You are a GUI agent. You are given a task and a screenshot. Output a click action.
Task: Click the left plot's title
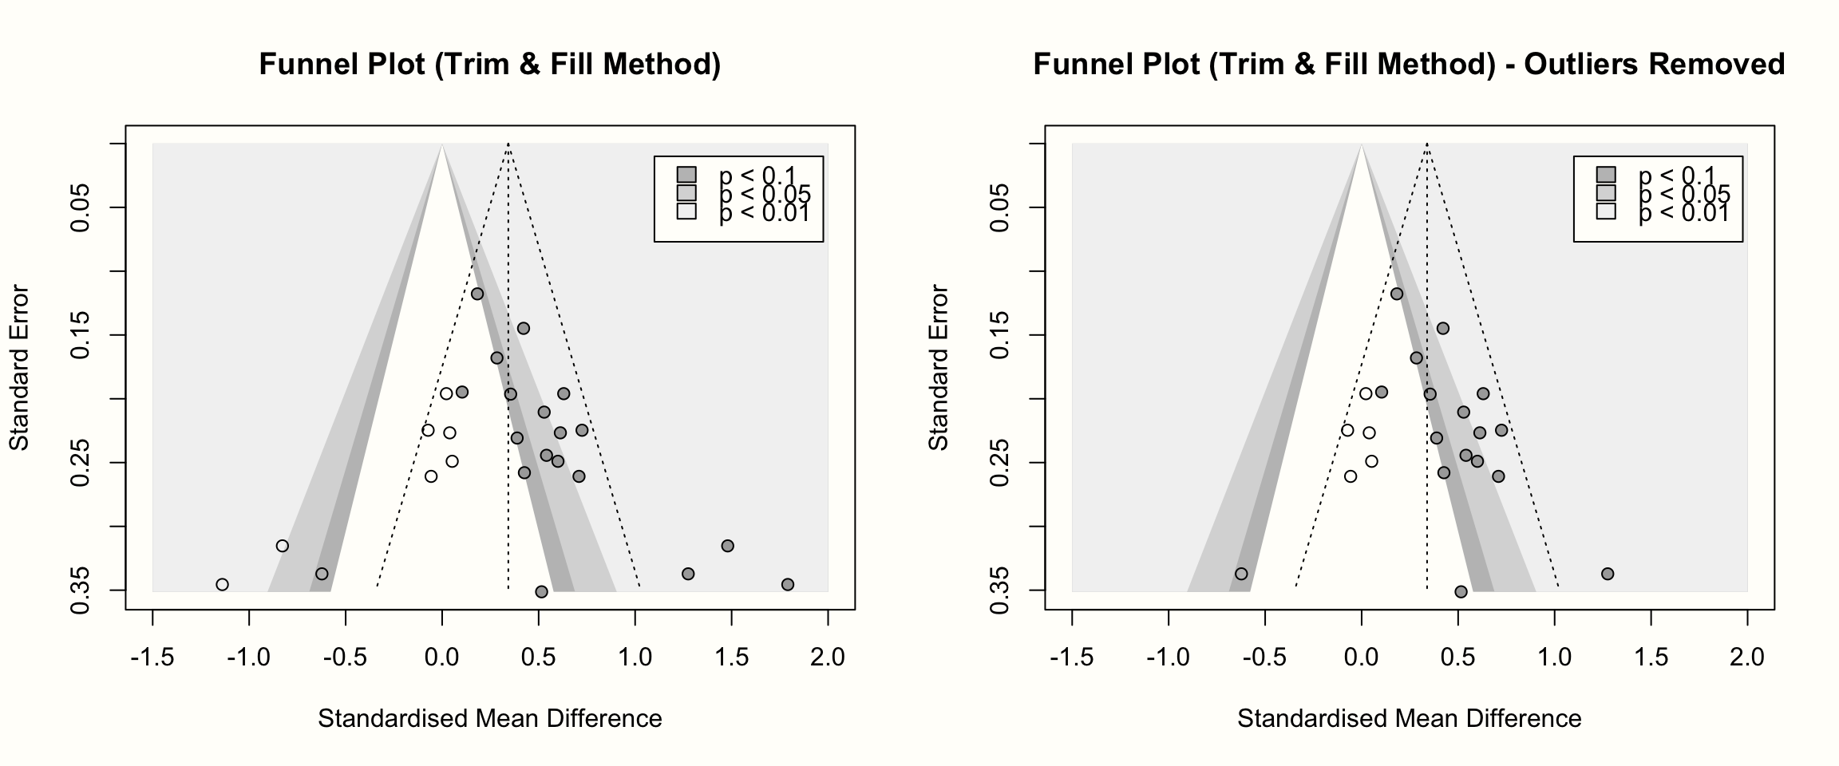(489, 64)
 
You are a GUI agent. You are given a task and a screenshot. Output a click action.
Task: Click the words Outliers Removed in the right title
(1654, 64)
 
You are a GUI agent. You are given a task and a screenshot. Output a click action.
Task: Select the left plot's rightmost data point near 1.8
(788, 584)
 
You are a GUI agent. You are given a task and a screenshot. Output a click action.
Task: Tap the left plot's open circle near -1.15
(222, 584)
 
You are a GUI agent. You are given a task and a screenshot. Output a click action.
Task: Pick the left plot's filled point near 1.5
(727, 546)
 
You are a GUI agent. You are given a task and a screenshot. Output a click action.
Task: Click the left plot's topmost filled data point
(477, 294)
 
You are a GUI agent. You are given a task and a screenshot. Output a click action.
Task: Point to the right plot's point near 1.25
(1608, 574)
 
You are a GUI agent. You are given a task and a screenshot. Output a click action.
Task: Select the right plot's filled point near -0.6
(1241, 574)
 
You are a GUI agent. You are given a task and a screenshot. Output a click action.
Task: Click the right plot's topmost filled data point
(1397, 294)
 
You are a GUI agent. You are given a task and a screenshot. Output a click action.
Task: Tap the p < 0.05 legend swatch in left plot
(686, 193)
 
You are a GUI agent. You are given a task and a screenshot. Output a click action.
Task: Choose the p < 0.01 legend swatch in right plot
(1606, 211)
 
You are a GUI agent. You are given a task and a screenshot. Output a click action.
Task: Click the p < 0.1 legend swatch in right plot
(1606, 175)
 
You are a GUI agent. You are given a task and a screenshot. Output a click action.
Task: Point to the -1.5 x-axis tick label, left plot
(152, 657)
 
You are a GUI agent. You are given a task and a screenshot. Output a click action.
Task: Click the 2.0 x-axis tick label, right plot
(1747, 657)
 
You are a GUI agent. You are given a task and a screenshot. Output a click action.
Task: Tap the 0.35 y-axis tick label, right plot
(1001, 590)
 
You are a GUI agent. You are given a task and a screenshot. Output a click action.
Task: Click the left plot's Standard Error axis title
(19, 367)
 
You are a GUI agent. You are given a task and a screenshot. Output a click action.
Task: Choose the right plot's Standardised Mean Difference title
(1409, 719)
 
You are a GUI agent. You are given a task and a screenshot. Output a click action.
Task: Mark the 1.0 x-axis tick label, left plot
(635, 657)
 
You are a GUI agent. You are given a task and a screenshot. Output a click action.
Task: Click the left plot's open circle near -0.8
(282, 546)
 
